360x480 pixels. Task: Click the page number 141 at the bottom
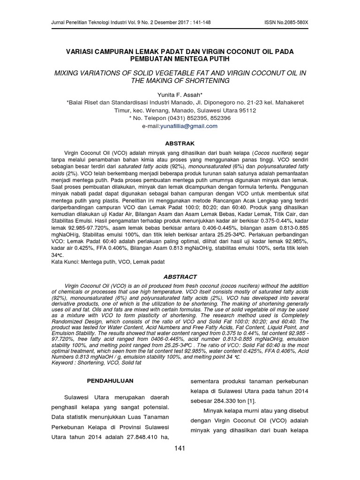pos(180,448)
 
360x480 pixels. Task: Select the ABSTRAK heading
pos(180,143)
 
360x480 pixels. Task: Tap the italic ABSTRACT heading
pos(180,277)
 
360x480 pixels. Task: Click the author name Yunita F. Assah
pos(179,94)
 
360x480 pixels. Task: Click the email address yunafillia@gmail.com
pos(189,126)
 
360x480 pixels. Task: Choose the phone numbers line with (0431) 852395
pos(180,118)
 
